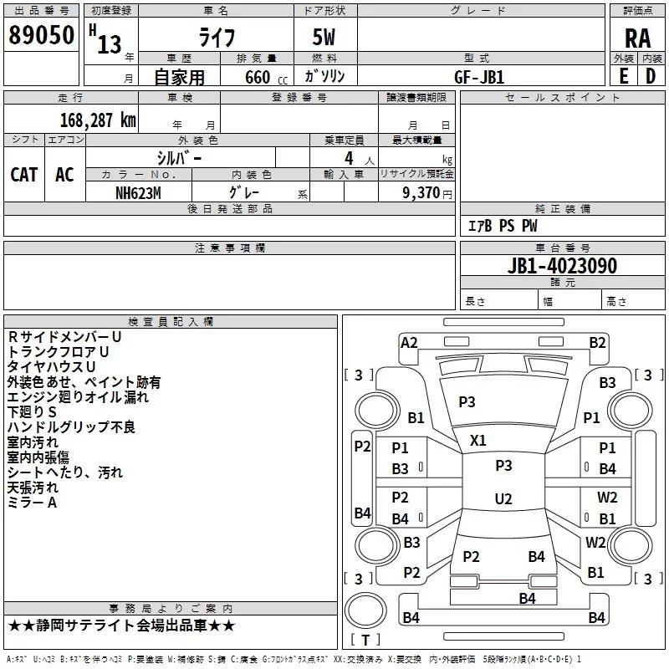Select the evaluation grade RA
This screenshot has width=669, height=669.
[637, 38]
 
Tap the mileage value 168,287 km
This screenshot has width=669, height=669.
[98, 120]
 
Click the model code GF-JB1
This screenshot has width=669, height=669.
[479, 76]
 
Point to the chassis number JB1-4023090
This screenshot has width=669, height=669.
[562, 267]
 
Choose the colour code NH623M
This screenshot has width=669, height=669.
[139, 192]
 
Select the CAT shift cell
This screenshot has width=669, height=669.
[24, 174]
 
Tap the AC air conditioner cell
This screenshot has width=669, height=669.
[64, 174]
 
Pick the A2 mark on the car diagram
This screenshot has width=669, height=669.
[409, 342]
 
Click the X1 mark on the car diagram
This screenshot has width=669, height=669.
[478, 440]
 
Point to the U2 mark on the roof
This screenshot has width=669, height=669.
[503, 499]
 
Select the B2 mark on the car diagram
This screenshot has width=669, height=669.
[597, 342]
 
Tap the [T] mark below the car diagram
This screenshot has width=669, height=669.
[365, 641]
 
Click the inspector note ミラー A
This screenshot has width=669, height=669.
[32, 503]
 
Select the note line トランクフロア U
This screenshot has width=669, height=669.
[59, 352]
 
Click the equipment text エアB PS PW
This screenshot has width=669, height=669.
[502, 226]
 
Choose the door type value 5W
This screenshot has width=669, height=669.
[325, 38]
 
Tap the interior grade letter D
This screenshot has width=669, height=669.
[651, 76]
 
